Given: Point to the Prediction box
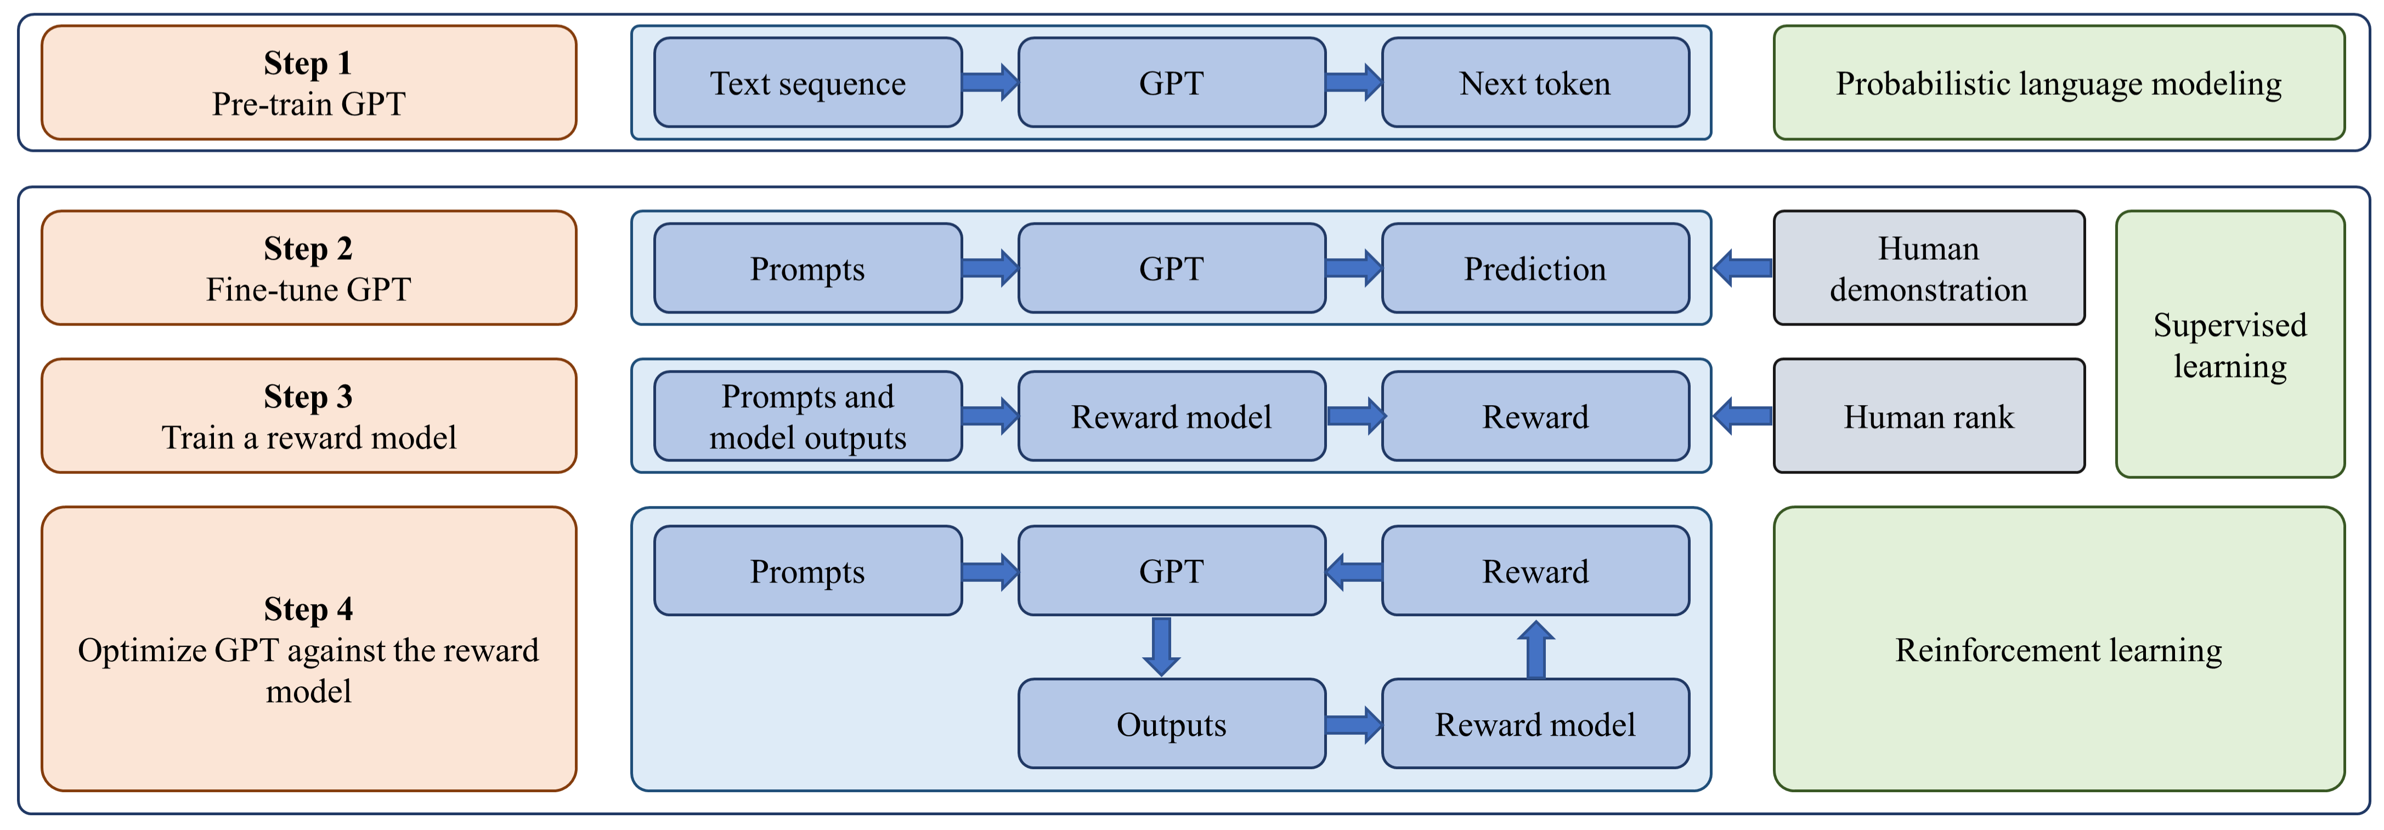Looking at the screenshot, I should click(x=1534, y=268).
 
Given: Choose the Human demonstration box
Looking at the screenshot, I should click(x=1928, y=268).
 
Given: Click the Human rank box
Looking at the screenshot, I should click(x=1928, y=417).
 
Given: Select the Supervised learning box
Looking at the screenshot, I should click(x=2229, y=344).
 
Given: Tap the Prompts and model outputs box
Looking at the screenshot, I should click(x=807, y=417).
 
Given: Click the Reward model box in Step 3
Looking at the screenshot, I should click(x=1171, y=417).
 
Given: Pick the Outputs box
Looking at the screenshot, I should click(x=1171, y=724).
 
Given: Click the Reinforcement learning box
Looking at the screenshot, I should click(x=2058, y=650).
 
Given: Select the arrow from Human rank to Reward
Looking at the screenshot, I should click(x=1742, y=417).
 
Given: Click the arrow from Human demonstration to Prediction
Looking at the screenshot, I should click(x=1742, y=268).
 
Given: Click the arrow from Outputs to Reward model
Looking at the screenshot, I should click(x=1353, y=724).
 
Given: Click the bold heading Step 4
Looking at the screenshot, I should click(x=308, y=609).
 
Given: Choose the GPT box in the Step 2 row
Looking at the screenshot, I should click(x=1171, y=268).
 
